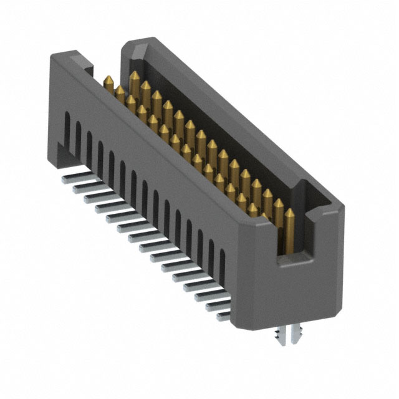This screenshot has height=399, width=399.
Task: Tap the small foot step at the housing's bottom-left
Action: [61, 150]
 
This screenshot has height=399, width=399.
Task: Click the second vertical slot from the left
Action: [79, 133]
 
